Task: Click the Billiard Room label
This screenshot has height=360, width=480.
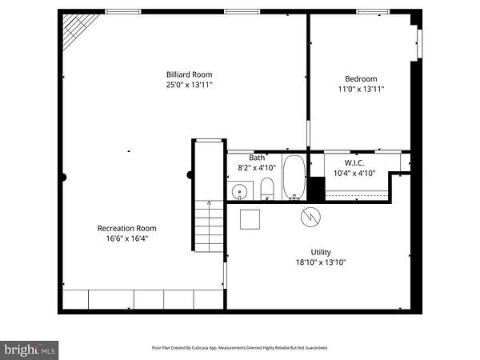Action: pos(189,74)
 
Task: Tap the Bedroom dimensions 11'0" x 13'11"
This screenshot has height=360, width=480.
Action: pos(361,89)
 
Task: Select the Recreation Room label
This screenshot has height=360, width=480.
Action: pos(126,228)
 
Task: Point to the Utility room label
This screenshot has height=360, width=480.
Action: pos(321,252)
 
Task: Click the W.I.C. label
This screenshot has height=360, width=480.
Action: pos(354,163)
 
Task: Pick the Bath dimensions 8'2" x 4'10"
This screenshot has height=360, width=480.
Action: pos(257,168)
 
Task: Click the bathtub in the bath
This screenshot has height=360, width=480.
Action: pos(294,178)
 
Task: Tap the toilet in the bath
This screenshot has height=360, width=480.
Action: pos(267,189)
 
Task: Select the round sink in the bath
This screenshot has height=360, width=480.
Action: pos(239,192)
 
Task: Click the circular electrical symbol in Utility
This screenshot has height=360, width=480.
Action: pos(310,217)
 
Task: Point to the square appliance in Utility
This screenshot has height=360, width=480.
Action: pos(250,219)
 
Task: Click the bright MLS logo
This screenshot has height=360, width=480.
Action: pos(29,350)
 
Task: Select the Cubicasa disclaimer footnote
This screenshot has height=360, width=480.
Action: pos(240,348)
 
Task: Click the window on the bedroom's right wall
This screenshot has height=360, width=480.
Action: pos(420,43)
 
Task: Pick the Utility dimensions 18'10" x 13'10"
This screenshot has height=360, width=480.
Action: pos(321,262)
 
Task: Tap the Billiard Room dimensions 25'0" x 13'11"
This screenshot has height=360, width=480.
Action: pos(189,85)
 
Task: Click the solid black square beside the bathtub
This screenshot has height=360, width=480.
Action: pos(316,189)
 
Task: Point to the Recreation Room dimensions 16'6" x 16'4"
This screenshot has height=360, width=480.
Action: pos(126,238)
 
